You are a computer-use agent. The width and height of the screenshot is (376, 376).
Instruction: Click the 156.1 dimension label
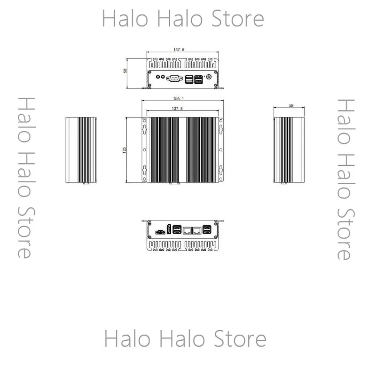[179, 99]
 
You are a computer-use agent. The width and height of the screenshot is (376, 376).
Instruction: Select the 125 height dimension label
[124, 150]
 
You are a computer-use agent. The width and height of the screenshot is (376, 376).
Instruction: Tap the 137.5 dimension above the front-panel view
[179, 50]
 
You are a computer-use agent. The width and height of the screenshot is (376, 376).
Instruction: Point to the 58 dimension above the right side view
[291, 105]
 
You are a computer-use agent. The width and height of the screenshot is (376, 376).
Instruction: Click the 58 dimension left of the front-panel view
[125, 71]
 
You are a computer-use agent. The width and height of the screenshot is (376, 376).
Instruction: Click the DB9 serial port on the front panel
[174, 78]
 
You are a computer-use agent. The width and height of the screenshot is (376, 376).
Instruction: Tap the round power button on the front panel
[209, 77]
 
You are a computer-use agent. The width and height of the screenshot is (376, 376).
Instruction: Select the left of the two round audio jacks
[158, 77]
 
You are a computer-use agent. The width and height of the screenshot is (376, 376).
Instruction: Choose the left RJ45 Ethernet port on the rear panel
[187, 230]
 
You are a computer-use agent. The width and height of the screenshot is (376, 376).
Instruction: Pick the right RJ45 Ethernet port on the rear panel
[197, 230]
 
